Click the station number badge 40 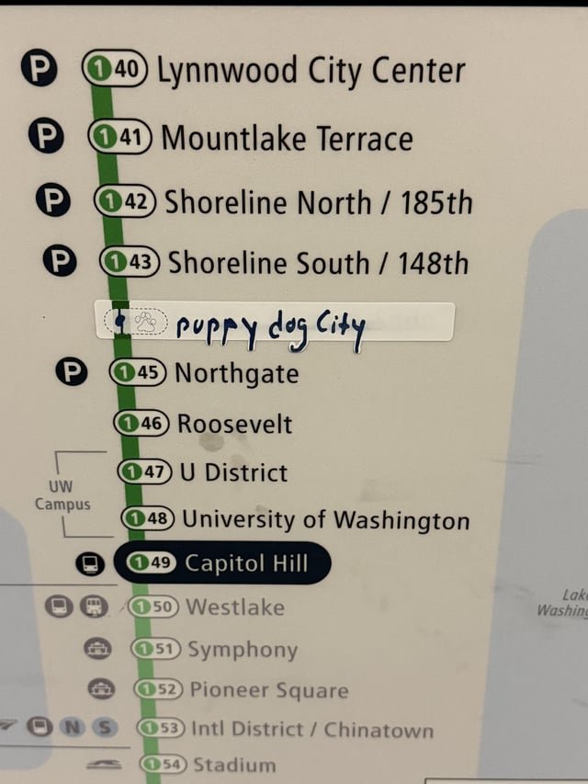point(115,70)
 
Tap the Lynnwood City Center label point(311,71)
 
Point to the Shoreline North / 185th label point(318,201)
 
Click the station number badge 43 point(130,263)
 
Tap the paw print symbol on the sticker point(145,321)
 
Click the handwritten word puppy point(215,328)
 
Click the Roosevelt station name point(234,425)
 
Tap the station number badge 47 point(145,472)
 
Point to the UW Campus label point(62,495)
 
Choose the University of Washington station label point(325,520)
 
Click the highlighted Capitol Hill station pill point(221,562)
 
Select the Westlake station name point(234,607)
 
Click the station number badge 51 point(155,649)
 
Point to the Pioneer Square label point(268,690)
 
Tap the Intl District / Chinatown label point(311,731)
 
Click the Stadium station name point(234,765)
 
